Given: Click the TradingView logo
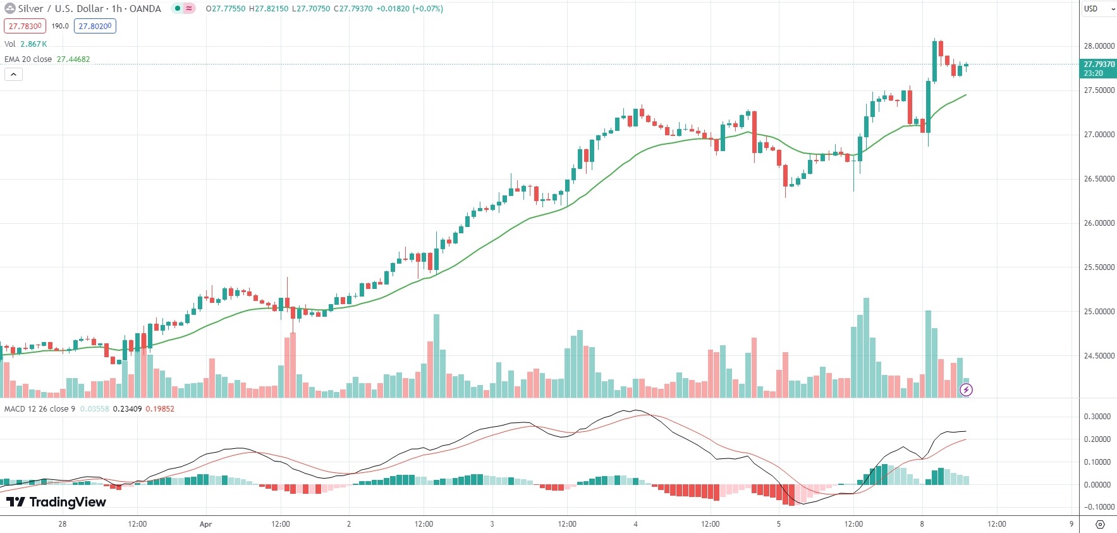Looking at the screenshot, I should (56, 502).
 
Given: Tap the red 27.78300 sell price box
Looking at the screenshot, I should (25, 26).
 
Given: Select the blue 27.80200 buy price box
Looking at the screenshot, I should (95, 26).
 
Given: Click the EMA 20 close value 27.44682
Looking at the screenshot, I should (73, 59).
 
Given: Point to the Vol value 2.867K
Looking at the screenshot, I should (34, 44).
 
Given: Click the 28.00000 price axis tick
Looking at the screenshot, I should (1099, 46).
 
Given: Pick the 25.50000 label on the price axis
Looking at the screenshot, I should (1099, 267).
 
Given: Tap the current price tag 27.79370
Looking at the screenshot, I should (1099, 64).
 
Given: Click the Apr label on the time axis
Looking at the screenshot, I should (205, 524).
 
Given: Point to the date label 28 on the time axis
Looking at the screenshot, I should (62, 524).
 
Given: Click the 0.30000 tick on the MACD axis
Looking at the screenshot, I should (1097, 417).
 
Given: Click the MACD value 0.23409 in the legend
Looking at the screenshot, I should (127, 409).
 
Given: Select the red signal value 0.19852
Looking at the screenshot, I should (160, 409).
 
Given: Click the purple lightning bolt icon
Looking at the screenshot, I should (966, 389).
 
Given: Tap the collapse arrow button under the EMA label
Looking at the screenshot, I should (13, 75).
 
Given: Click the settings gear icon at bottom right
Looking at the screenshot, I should (1100, 524).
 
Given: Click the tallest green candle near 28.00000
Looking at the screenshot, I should (934, 61).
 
